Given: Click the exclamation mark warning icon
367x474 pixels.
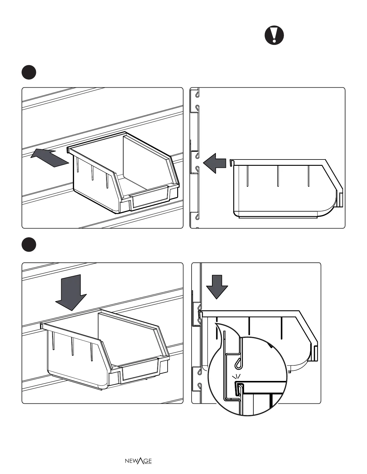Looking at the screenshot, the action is (274, 35).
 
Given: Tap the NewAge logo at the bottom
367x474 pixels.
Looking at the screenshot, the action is (138, 461).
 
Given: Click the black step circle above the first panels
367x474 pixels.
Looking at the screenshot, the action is (29, 72).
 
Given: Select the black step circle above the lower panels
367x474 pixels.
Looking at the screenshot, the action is (29, 244).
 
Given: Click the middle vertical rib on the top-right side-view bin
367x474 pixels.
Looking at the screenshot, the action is (278, 176).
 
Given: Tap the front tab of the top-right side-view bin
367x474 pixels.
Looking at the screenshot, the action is (340, 200).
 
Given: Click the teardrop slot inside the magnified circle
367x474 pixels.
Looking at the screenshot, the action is (239, 362).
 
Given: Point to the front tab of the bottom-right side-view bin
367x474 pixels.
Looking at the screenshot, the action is (315, 353).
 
